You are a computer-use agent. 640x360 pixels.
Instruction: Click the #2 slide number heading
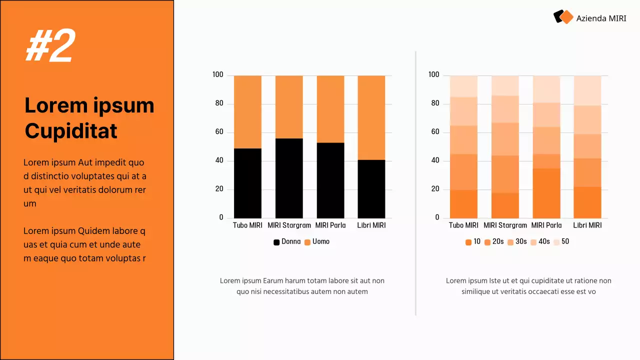(x=50, y=46)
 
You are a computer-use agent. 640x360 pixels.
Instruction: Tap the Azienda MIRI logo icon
(x=563, y=17)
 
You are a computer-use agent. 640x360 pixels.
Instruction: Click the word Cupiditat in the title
(x=71, y=131)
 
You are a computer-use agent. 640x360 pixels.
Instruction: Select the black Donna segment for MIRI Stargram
(x=289, y=178)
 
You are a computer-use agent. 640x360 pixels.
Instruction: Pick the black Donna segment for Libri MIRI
(x=371, y=189)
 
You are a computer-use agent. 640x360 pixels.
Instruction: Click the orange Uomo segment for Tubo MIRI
(x=247, y=112)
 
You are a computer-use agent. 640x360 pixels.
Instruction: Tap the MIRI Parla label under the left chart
(x=330, y=225)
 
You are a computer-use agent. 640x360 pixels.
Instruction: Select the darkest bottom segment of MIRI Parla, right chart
(x=546, y=193)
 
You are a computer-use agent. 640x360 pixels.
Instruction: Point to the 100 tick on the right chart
(x=433, y=74)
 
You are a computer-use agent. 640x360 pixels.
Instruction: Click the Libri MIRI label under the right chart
(x=587, y=225)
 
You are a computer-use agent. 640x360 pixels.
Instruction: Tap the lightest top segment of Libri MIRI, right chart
(x=587, y=90)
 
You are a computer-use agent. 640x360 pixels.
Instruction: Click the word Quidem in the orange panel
(x=95, y=231)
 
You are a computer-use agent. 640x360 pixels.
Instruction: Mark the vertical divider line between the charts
(x=415, y=182)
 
